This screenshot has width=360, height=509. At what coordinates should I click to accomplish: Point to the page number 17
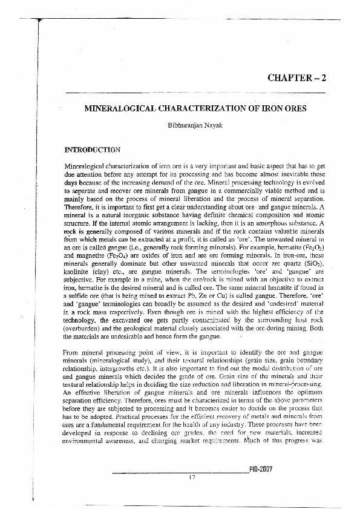click(192, 478)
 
